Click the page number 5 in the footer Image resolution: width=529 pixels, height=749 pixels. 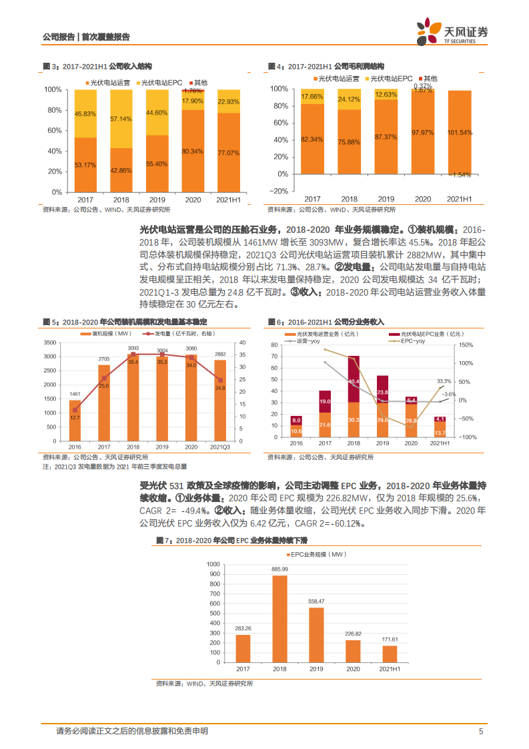(x=480, y=731)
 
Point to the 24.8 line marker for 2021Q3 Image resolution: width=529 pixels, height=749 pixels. (x=220, y=381)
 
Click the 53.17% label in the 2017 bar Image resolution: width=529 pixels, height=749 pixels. (x=85, y=164)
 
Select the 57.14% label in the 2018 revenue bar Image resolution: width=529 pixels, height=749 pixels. (x=121, y=118)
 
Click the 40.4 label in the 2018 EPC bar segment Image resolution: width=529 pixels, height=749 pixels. (x=354, y=381)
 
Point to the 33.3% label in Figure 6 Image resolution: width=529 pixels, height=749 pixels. (x=444, y=381)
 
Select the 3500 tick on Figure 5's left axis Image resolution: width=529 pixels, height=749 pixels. (x=49, y=342)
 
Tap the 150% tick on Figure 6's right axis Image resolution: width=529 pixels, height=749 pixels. (x=466, y=345)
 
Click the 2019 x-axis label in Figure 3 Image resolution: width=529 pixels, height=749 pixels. (x=157, y=200)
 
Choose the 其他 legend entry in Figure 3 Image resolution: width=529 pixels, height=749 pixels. (x=199, y=81)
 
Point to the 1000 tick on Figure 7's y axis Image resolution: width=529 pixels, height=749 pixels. (x=211, y=564)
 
